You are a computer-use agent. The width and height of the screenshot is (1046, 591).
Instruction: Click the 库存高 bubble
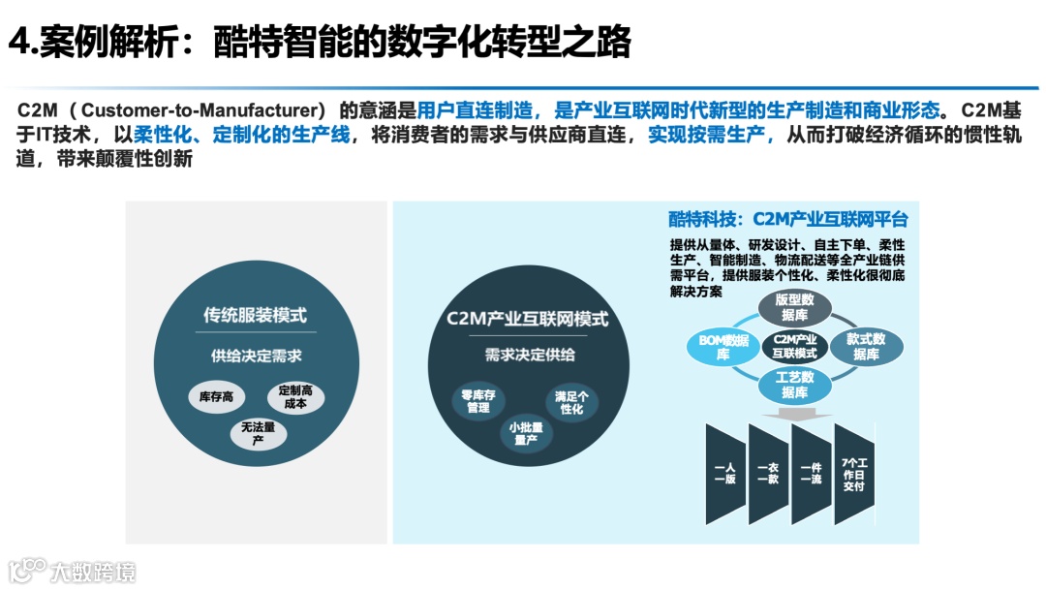point(216,396)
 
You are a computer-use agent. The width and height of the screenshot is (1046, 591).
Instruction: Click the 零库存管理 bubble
point(477,401)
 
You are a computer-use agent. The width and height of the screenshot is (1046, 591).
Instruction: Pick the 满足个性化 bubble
point(571,402)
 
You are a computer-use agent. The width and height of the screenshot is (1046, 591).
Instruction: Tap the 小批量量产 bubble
point(526,433)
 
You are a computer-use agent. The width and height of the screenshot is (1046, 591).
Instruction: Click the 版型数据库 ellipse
point(794,307)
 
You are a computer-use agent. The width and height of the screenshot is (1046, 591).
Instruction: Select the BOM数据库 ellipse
point(723,347)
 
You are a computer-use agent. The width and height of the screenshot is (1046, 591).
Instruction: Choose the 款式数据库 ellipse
point(866,347)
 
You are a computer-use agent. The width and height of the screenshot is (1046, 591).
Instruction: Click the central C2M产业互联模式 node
point(795,346)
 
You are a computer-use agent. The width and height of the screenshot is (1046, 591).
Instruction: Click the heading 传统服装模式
point(255,315)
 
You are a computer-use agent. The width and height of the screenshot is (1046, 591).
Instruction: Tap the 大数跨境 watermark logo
point(72,570)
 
